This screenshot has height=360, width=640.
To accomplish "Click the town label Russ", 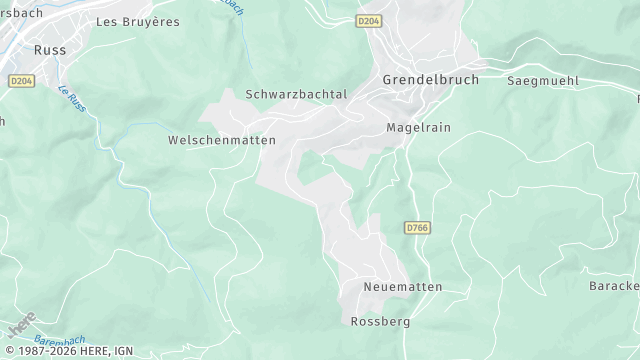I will pyautogui.click(x=50, y=48).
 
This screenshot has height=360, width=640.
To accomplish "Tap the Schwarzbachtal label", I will pyautogui.click(x=296, y=94).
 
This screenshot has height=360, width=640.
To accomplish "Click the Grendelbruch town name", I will pyautogui.click(x=431, y=78).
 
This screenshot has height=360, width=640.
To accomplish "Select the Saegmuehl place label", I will pyautogui.click(x=543, y=79).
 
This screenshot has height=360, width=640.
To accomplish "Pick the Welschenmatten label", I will pyautogui.click(x=207, y=142).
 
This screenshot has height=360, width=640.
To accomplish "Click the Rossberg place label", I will pyautogui.click(x=380, y=322).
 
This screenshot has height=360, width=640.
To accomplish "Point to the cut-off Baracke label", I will pyautogui.click(x=614, y=287).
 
